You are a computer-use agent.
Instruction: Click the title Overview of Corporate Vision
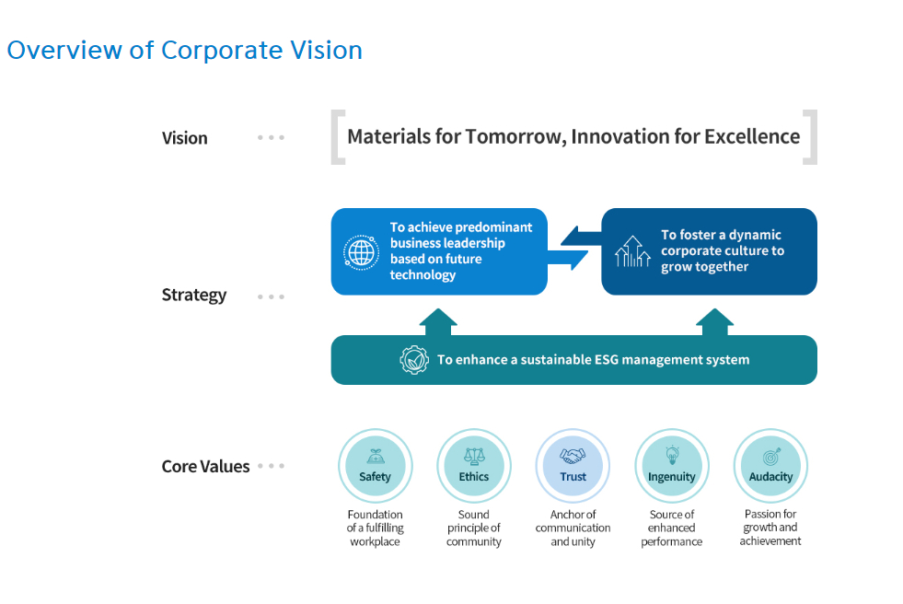point(184,51)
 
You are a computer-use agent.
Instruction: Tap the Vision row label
point(184,138)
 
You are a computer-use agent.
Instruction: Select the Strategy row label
point(194,295)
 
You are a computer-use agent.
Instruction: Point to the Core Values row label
point(205,467)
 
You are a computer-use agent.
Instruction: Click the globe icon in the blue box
point(361,252)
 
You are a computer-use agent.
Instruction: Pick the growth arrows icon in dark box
point(632,251)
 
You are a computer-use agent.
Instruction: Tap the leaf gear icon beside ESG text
point(414,360)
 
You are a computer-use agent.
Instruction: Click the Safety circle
point(376,466)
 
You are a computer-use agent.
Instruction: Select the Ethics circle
point(474,466)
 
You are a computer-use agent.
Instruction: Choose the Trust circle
point(573,466)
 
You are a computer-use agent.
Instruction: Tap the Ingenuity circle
point(672,466)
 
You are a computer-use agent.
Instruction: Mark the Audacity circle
point(770,466)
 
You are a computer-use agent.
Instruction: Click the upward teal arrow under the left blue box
point(438,322)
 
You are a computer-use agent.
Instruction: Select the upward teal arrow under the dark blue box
point(714,322)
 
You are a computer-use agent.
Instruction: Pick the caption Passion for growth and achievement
point(770,528)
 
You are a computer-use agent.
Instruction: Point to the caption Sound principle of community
point(474,528)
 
